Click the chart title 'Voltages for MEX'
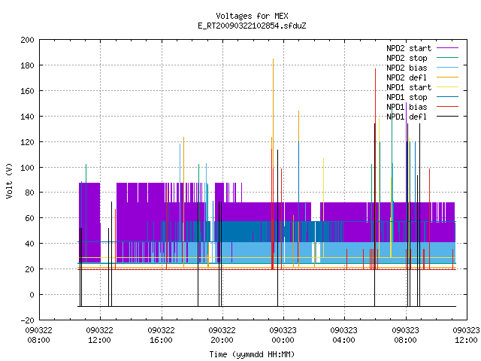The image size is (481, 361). point(252,16)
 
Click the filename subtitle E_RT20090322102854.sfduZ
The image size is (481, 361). point(252,26)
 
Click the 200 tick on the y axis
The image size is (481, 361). point(27,40)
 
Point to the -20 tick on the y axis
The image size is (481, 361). point(27,320)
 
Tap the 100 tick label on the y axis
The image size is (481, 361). point(27,168)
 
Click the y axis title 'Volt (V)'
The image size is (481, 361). point(9,180)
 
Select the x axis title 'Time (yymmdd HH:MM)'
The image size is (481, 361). point(252,354)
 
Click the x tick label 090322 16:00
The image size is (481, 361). point(161,335)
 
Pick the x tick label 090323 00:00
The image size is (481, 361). point(283,335)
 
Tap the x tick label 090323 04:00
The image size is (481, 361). point(344,335)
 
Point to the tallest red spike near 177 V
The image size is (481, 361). point(375,169)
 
